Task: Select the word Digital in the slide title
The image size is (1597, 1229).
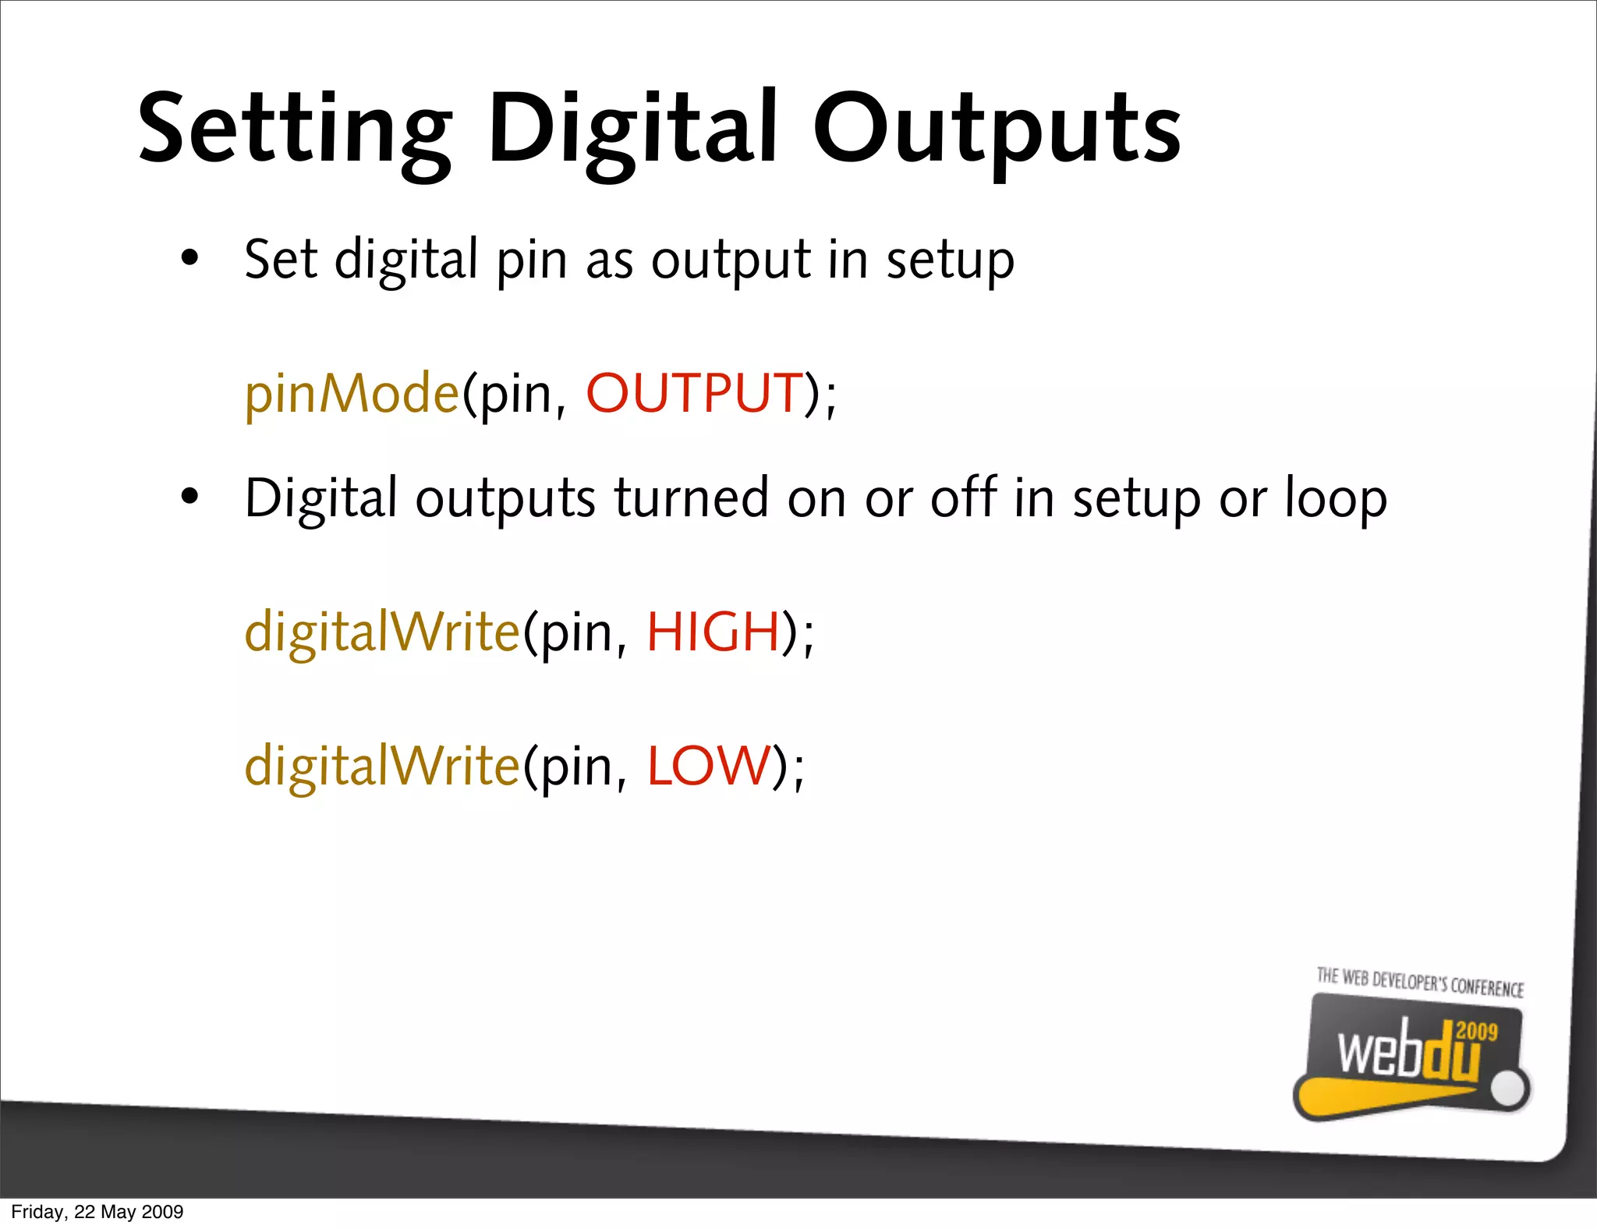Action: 632,131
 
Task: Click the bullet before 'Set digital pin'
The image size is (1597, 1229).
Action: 189,258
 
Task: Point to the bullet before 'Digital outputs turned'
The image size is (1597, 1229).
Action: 189,497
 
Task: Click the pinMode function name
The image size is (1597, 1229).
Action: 352,393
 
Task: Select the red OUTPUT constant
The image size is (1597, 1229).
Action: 694,392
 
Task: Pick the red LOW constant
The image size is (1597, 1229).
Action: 709,765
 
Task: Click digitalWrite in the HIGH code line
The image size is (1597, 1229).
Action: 382,631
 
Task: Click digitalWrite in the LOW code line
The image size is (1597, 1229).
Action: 382,765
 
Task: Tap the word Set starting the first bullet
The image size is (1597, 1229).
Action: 281,258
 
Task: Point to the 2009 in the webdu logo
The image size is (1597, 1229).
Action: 1477,1031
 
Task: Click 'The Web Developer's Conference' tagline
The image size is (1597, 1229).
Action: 1420,982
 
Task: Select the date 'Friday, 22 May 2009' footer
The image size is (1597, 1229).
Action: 97,1212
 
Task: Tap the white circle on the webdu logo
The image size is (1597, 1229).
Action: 1510,1089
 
